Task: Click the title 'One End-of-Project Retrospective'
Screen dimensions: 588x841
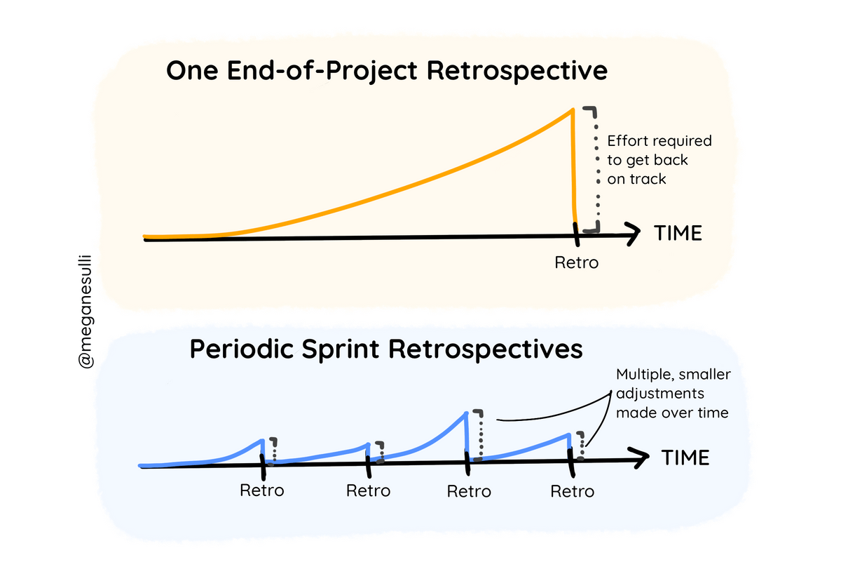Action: coord(386,72)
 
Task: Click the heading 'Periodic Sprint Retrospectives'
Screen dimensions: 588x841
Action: coord(386,349)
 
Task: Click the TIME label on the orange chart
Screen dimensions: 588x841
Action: coord(678,234)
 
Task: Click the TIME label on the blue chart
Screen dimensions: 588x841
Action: coord(685,458)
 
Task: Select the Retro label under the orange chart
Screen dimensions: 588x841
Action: coord(577,263)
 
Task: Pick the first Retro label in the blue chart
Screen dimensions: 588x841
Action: coord(262,490)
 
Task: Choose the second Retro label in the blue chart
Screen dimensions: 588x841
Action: coord(369,490)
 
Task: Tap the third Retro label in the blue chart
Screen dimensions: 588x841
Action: coord(469,490)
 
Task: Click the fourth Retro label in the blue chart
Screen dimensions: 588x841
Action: coord(572,490)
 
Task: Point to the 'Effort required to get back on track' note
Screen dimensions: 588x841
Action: coord(659,160)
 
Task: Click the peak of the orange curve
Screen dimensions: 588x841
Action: coord(573,109)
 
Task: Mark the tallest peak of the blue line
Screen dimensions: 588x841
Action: coord(466,413)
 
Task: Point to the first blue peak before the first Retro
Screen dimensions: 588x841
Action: coord(261,440)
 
